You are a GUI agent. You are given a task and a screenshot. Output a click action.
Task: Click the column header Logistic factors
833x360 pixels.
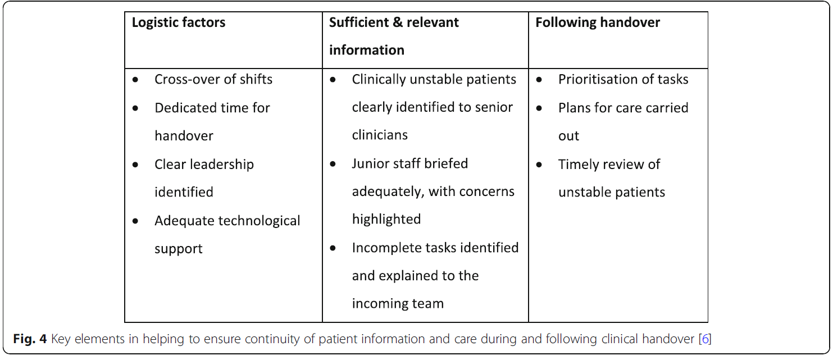(178, 23)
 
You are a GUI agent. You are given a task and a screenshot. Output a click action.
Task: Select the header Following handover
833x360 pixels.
(597, 23)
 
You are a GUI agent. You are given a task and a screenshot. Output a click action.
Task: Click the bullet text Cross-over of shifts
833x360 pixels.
(213, 79)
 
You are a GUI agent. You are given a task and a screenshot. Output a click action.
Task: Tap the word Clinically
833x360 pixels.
(381, 79)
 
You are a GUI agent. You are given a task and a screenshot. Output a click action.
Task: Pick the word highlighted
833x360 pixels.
(386, 219)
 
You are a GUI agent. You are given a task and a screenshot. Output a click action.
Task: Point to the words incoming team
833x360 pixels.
(398, 304)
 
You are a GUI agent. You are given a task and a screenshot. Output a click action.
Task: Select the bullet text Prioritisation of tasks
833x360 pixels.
(623, 79)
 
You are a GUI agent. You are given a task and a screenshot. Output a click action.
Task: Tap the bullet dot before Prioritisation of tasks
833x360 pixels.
(539, 80)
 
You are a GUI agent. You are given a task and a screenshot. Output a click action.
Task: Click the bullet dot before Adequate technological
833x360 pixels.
(135, 221)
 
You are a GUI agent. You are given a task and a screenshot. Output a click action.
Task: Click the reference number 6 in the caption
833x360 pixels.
(705, 339)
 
